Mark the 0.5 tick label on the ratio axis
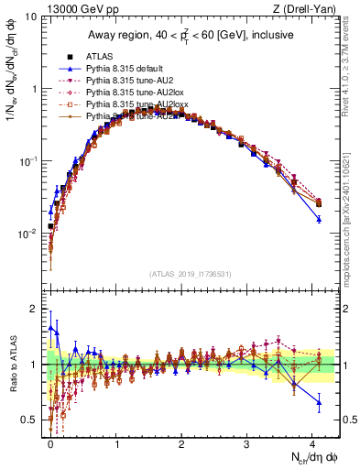point(35,420)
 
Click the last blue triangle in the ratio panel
point(319,402)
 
